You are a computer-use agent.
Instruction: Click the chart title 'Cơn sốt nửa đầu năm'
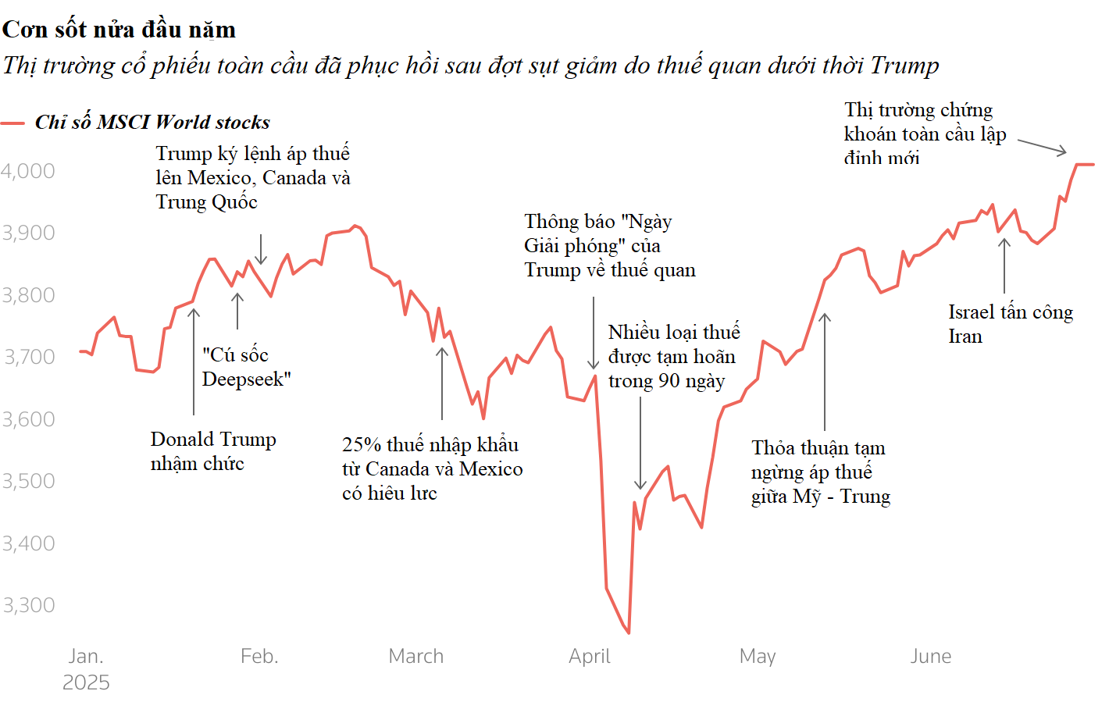119,30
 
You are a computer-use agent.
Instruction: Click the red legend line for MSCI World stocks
12,123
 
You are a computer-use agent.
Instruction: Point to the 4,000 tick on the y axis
28,171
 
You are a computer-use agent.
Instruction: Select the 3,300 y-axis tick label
28,605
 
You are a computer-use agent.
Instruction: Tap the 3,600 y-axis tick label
28,419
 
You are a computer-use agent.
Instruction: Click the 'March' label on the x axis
415,656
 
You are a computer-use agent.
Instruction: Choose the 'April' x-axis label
589,656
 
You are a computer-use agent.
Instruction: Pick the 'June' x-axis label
930,656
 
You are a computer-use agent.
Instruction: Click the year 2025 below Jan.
86,682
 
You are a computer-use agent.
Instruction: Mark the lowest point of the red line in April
629,632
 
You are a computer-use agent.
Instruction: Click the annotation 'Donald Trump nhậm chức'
212,451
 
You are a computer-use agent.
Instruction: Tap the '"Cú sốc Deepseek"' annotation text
246,367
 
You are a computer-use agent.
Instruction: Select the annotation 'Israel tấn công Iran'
1010,324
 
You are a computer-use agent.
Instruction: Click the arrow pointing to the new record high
1042,147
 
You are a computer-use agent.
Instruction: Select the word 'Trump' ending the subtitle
904,66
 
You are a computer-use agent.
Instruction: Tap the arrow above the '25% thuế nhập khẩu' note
442,383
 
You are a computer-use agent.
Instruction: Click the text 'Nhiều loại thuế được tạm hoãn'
673,356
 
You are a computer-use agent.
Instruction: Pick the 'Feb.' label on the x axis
259,656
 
